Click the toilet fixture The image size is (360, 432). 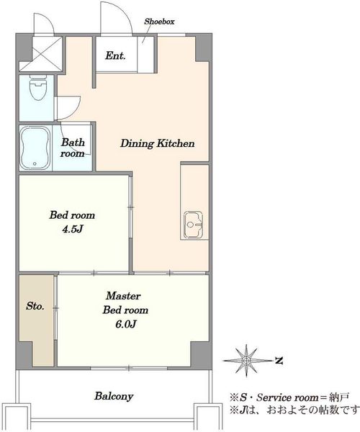(37, 88)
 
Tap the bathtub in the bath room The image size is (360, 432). (35, 148)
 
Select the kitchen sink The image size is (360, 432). (194, 225)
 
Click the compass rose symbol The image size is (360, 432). (246, 360)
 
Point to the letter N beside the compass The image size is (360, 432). (279, 361)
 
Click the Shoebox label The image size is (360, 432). (159, 22)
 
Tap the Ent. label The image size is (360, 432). (115, 55)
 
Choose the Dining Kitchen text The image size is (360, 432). (158, 143)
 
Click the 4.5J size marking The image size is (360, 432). (73, 229)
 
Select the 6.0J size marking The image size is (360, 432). (125, 324)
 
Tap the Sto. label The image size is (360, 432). (35, 306)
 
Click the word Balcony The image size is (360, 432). (114, 396)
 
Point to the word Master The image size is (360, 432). (123, 296)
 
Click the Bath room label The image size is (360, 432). (73, 148)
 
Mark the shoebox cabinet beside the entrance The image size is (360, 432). (145, 54)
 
